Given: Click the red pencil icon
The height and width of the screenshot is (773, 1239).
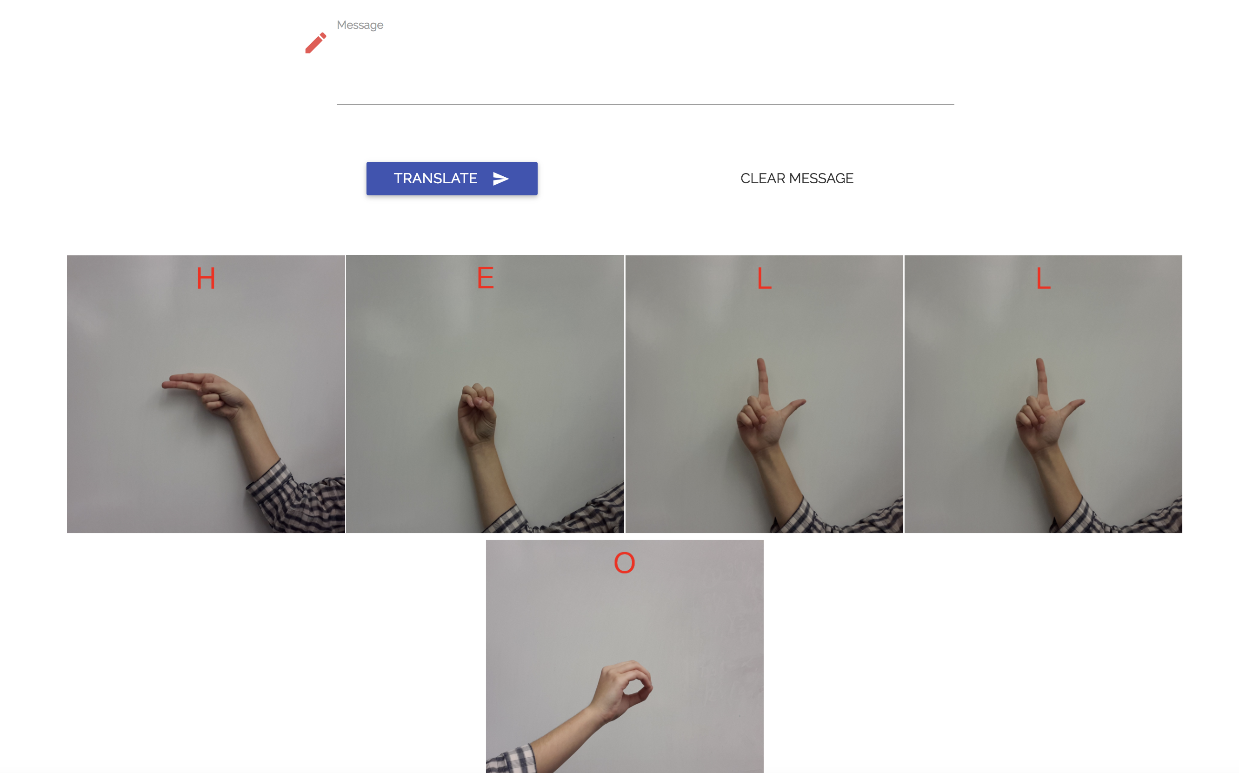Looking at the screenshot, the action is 315,43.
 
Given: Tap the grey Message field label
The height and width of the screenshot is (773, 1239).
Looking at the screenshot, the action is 360,25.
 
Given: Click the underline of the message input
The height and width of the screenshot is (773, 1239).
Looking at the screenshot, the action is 645,104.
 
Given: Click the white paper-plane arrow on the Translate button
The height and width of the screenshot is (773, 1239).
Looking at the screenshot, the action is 500,179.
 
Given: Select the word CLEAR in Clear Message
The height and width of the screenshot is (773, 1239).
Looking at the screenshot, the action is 763,179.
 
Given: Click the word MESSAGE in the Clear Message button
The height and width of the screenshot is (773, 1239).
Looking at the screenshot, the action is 821,179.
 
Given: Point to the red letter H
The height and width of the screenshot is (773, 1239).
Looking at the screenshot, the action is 206,279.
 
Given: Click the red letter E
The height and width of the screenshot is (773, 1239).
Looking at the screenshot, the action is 485,278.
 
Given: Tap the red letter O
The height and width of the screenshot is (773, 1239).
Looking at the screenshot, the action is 624,563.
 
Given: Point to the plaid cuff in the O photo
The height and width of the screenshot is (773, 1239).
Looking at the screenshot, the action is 511,759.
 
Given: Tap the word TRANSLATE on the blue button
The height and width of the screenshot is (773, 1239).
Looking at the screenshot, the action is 435,179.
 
